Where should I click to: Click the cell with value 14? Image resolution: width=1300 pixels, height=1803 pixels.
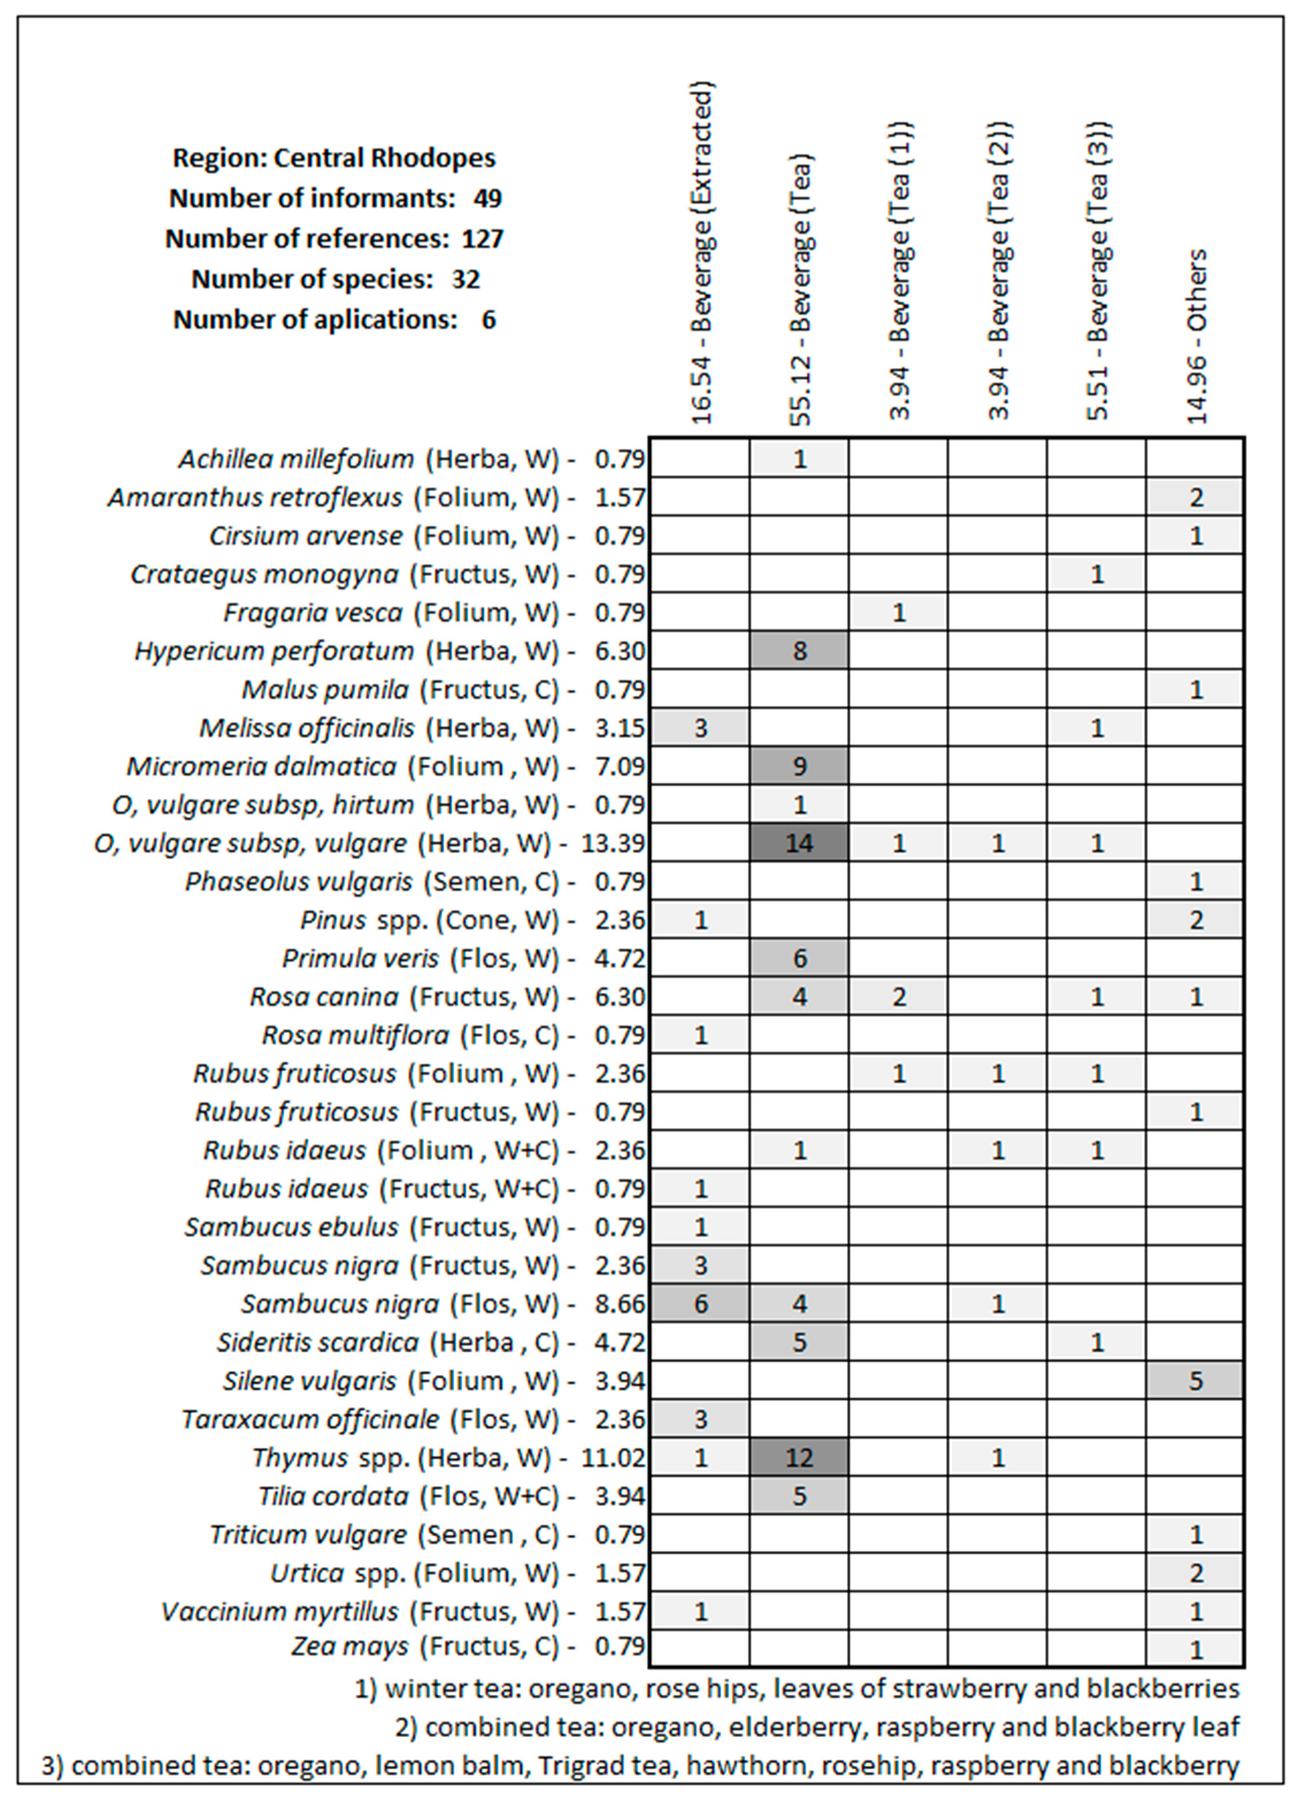pyautogui.click(x=799, y=843)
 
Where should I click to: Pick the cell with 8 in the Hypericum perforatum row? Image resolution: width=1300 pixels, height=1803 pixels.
pyautogui.click(x=799, y=651)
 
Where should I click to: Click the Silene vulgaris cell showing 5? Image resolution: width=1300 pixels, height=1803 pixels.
pyautogui.click(x=1196, y=1381)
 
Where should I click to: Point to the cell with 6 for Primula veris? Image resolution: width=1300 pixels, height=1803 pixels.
pyautogui.click(x=799, y=958)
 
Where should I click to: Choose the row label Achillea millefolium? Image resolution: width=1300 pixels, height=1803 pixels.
pyautogui.click(x=296, y=459)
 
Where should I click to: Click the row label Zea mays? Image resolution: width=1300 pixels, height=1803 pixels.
pyautogui.click(x=350, y=1646)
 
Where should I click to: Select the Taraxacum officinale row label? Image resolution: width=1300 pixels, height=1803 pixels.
pyautogui.click(x=310, y=1419)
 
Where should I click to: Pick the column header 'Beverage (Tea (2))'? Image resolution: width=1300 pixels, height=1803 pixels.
pyautogui.click(x=998, y=270)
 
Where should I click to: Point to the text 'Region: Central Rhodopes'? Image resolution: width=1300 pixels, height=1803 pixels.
pyautogui.click(x=334, y=158)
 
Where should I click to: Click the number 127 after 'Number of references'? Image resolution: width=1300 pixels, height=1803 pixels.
pyautogui.click(x=483, y=239)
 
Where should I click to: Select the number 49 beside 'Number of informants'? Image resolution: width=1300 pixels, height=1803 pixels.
pyautogui.click(x=487, y=198)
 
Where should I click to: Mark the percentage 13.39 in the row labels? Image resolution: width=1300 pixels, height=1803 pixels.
pyautogui.click(x=612, y=843)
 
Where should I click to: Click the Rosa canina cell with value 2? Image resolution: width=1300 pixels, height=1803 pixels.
pyautogui.click(x=898, y=996)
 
